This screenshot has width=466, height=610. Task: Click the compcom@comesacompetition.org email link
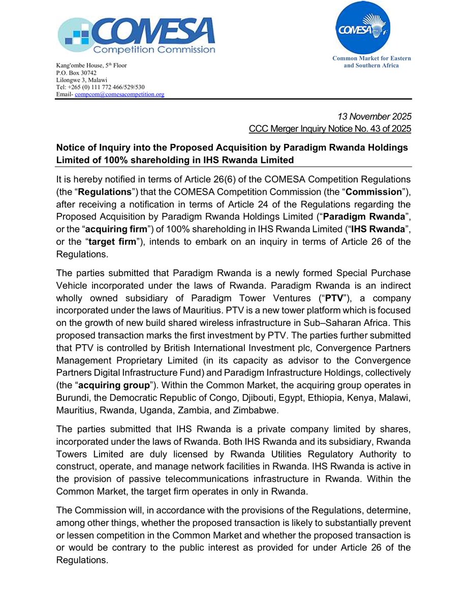point(119,95)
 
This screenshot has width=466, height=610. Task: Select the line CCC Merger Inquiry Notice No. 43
point(330,129)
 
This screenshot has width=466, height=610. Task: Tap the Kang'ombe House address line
point(91,66)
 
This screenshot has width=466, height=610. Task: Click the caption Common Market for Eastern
point(371,58)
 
